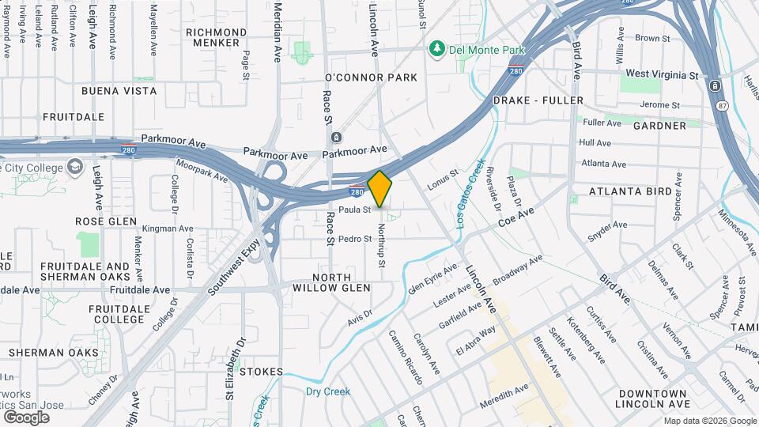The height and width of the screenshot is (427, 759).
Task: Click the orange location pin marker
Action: click(380, 189)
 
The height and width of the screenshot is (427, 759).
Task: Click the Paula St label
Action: click(355, 210)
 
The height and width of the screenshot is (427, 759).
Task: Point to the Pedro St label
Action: click(354, 239)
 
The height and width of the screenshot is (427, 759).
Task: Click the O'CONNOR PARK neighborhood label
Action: click(371, 77)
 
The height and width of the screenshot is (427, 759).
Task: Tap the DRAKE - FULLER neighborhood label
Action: click(538, 100)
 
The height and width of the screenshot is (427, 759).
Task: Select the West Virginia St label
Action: click(662, 74)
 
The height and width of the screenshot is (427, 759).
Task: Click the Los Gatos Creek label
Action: click(470, 194)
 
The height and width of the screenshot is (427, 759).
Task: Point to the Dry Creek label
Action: click(327, 391)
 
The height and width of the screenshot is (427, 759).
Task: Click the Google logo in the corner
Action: click(26, 417)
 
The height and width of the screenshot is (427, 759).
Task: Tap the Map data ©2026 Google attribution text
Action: click(709, 421)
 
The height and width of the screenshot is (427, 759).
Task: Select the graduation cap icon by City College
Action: click(75, 167)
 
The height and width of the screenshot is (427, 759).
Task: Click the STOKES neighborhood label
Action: click(260, 371)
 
